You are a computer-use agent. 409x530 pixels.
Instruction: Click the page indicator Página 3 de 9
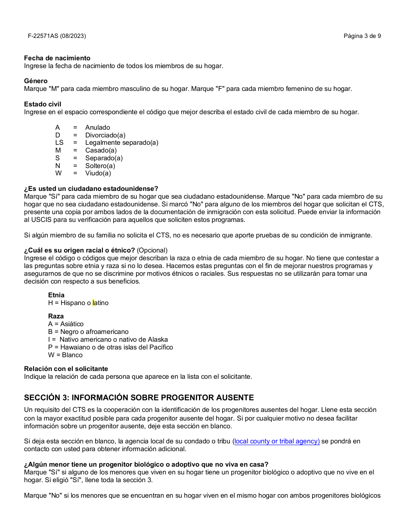(362, 36)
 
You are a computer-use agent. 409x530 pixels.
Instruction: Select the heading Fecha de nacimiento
(57, 58)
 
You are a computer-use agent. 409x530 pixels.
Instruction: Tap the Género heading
(36, 81)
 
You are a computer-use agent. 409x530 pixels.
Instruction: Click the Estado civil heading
(43, 104)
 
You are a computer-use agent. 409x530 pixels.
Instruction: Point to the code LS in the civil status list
(59, 143)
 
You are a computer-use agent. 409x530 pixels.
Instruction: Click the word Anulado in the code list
(97, 128)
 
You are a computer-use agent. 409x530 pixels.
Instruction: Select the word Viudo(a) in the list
(98, 173)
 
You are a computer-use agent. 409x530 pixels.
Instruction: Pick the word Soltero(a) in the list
(100, 166)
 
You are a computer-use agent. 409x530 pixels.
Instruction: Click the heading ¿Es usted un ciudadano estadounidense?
(91, 189)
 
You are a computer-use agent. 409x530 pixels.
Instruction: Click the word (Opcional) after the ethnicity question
(152, 250)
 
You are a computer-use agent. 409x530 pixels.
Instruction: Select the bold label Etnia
(56, 295)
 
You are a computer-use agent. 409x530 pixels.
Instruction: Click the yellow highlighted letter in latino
(93, 303)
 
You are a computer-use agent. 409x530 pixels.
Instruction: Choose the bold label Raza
(56, 316)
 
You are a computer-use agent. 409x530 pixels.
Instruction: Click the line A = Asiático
(66, 324)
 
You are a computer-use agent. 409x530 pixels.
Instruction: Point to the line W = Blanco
(65, 355)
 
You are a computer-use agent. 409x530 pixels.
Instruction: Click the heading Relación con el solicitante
(66, 369)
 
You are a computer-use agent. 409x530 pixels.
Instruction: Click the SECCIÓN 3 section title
(139, 398)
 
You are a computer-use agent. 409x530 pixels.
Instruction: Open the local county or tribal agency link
(276, 441)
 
